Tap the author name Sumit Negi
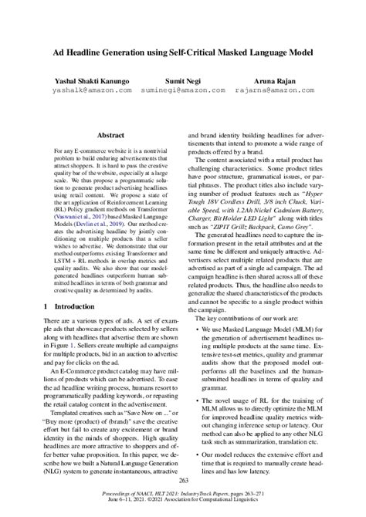pos(182,79)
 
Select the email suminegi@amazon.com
pos(182,90)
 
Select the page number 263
pos(183,481)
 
